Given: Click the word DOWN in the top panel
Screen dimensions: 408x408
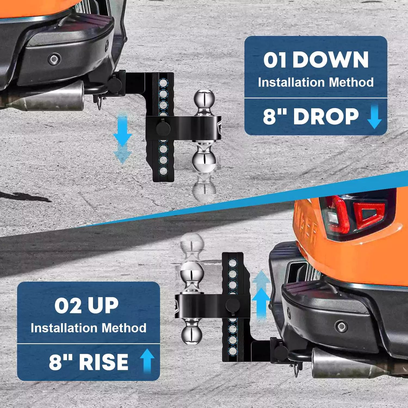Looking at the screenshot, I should (330, 60).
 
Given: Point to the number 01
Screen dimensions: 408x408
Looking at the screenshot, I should (275, 60).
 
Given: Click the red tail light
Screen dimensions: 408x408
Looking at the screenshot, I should (356, 215).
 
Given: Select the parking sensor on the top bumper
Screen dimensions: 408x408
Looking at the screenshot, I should (54, 59).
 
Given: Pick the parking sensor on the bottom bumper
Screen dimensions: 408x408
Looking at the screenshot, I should (341, 326).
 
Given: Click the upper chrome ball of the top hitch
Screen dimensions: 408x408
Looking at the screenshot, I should (204, 98).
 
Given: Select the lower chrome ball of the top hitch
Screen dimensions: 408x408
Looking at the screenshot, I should (204, 161).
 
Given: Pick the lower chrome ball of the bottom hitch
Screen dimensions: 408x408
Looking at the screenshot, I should (192, 334).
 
